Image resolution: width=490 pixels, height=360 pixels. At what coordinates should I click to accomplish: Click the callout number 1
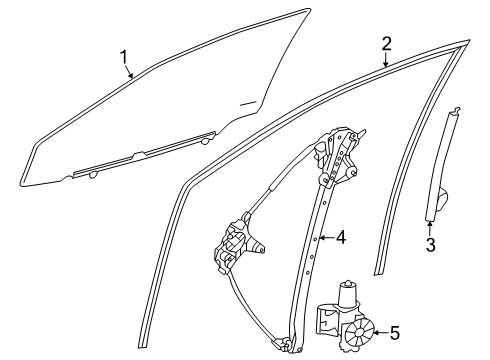[x=125, y=58]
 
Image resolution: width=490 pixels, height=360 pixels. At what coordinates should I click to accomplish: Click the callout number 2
[x=386, y=43]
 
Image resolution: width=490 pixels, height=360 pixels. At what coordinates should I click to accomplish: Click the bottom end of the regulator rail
[x=293, y=344]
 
